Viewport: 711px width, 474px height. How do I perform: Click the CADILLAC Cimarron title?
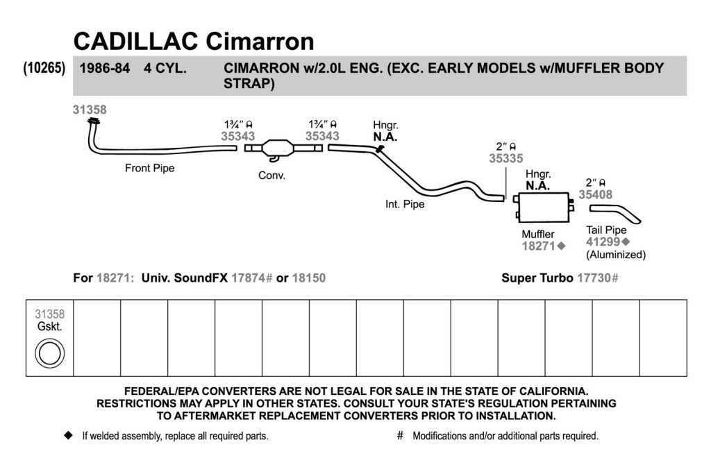(x=194, y=41)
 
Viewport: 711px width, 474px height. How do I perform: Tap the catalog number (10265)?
(x=44, y=67)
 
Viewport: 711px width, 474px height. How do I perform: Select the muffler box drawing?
(x=543, y=207)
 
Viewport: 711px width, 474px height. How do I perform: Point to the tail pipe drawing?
(x=615, y=213)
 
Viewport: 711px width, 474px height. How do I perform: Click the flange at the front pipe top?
(x=94, y=121)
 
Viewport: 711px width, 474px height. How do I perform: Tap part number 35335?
(x=505, y=158)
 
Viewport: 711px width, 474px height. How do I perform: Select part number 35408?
(x=595, y=194)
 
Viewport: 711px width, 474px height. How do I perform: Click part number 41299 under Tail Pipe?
(x=603, y=242)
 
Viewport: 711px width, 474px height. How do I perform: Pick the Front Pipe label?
(x=150, y=168)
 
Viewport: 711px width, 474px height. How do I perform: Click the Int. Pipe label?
(x=405, y=204)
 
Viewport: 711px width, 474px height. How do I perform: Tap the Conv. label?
(x=271, y=176)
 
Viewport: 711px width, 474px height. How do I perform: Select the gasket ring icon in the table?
(x=50, y=353)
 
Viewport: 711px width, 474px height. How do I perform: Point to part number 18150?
(x=309, y=278)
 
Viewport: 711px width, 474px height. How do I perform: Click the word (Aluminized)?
(x=616, y=255)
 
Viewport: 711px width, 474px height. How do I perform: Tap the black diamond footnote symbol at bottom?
(x=69, y=435)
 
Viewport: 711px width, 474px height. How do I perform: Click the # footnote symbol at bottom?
(x=400, y=435)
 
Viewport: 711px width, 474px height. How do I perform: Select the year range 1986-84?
(x=105, y=69)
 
